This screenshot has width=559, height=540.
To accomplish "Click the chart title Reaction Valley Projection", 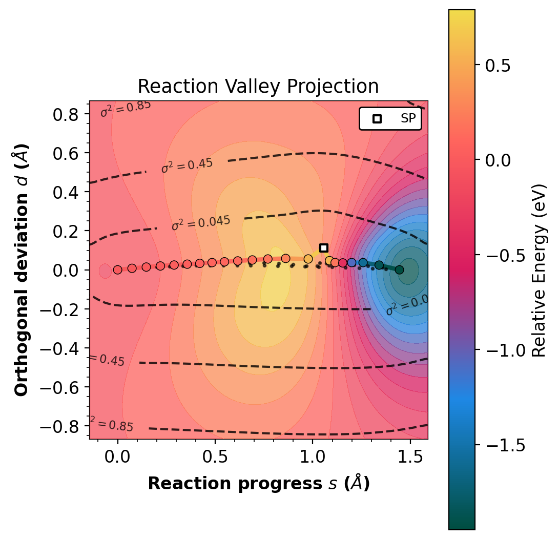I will click(258, 87).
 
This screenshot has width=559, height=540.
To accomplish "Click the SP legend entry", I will click(390, 119).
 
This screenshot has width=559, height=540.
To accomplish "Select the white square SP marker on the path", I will click(323, 248).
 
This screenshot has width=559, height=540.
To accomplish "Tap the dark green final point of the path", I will click(399, 269).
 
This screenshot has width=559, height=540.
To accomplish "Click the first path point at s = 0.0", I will click(117, 269).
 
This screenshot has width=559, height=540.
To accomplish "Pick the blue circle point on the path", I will click(351, 263).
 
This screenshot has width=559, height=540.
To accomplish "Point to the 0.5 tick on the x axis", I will click(215, 440).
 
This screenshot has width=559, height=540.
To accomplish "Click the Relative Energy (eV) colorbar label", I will click(538, 269).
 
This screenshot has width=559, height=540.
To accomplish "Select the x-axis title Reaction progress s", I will click(258, 484).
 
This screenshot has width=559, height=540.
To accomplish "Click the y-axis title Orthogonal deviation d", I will click(22, 269).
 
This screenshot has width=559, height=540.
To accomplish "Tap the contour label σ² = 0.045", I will click(201, 223).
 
